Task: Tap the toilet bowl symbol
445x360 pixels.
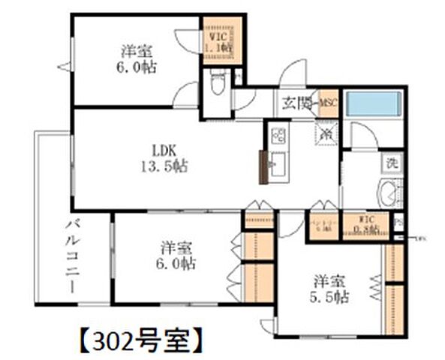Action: tap(217, 83)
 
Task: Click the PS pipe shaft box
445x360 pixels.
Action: tap(398, 223)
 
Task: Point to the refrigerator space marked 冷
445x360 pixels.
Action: tap(327, 133)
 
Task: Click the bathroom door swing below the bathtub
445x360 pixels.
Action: tap(365, 136)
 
